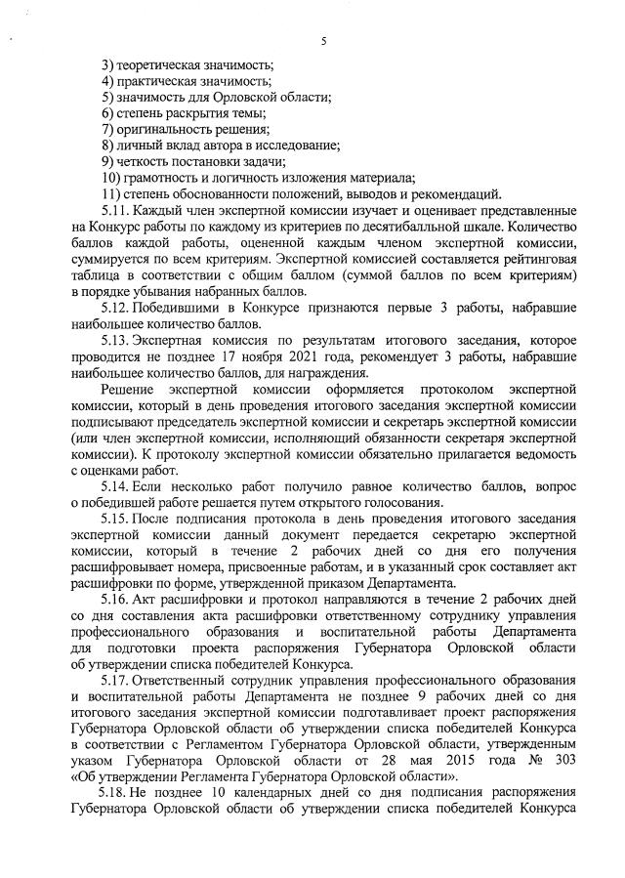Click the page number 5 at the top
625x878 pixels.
point(321,39)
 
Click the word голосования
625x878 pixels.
point(403,502)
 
